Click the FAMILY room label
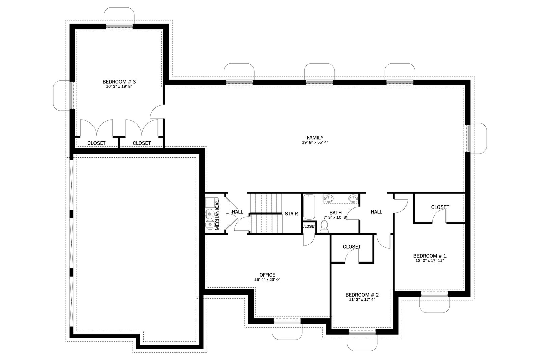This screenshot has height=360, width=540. click(315, 138)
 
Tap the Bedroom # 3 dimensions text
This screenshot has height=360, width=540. click(119, 86)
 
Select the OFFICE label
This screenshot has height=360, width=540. click(267, 275)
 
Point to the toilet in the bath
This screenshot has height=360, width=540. click(324, 226)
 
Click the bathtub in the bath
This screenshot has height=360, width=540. click(309, 207)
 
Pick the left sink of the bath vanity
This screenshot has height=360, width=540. click(329, 198)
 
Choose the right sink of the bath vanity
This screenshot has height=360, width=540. click(353, 198)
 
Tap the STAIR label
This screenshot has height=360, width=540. click(291, 214)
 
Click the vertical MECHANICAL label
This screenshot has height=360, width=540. click(217, 215)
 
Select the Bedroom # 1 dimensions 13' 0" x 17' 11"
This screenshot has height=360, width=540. click(430, 261)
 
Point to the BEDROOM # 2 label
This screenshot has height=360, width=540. click(362, 295)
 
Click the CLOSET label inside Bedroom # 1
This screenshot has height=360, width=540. click(440, 207)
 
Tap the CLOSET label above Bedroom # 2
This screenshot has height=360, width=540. click(352, 247)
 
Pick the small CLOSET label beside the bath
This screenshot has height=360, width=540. click(309, 226)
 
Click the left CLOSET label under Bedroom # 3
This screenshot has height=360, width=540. click(97, 143)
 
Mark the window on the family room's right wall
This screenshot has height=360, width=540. click(468, 138)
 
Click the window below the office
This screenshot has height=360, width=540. click(287, 321)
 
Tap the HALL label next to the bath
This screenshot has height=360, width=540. click(377, 212)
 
